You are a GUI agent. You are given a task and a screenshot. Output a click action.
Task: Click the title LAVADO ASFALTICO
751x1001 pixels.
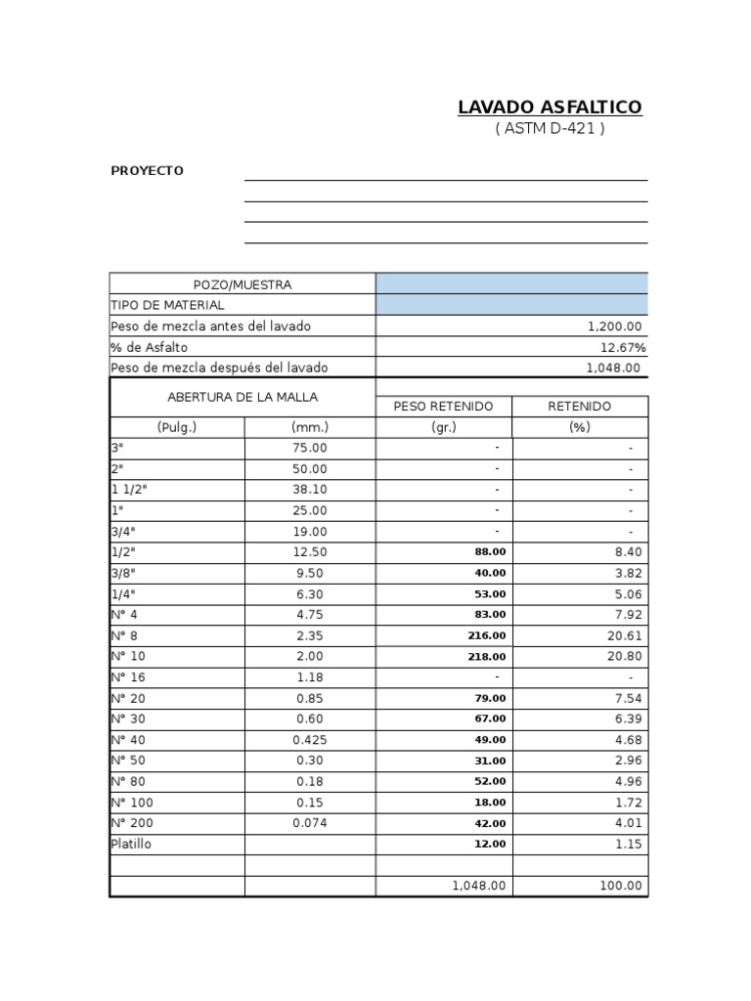point(550,108)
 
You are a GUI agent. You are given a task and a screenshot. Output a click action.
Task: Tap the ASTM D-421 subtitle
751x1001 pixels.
point(550,129)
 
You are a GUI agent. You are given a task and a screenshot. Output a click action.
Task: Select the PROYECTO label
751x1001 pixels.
point(147,171)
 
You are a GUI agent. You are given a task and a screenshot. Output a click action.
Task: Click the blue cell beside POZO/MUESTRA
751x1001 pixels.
point(511,283)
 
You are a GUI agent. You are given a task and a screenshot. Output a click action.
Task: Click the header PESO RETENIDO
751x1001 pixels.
point(443,407)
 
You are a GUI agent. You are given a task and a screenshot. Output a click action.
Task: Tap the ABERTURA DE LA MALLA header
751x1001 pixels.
point(243,397)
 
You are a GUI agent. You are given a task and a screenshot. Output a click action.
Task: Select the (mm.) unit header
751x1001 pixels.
point(310,427)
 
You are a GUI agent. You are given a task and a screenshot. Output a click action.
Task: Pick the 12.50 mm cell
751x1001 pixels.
point(311,552)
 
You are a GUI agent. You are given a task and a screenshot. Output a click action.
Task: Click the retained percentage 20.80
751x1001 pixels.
point(624,657)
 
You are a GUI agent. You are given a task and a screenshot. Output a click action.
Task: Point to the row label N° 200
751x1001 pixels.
point(132,823)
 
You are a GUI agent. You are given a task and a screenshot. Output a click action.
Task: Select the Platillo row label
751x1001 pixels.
point(132,844)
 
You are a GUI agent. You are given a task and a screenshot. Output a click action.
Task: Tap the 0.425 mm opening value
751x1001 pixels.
point(311,740)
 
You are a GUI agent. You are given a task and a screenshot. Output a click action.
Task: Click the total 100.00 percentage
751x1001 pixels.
point(621,886)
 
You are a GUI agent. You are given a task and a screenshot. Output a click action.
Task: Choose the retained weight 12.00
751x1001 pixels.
point(491,844)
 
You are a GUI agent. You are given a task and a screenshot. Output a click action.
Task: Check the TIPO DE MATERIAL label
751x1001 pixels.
point(168,305)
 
